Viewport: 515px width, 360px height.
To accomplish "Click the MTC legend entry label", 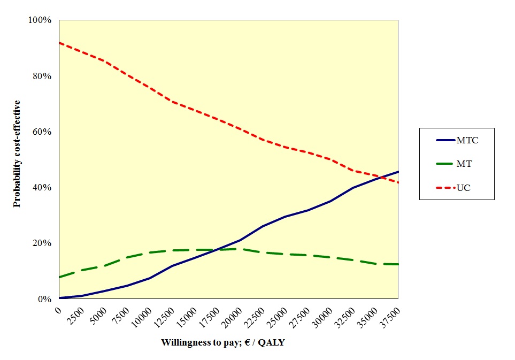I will (x=467, y=141).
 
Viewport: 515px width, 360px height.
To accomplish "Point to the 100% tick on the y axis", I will (x=40, y=20).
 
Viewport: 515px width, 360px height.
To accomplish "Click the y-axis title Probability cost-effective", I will (x=17, y=154).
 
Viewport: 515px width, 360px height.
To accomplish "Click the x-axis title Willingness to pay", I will (x=223, y=343).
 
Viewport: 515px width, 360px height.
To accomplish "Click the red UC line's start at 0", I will (x=59, y=43).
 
